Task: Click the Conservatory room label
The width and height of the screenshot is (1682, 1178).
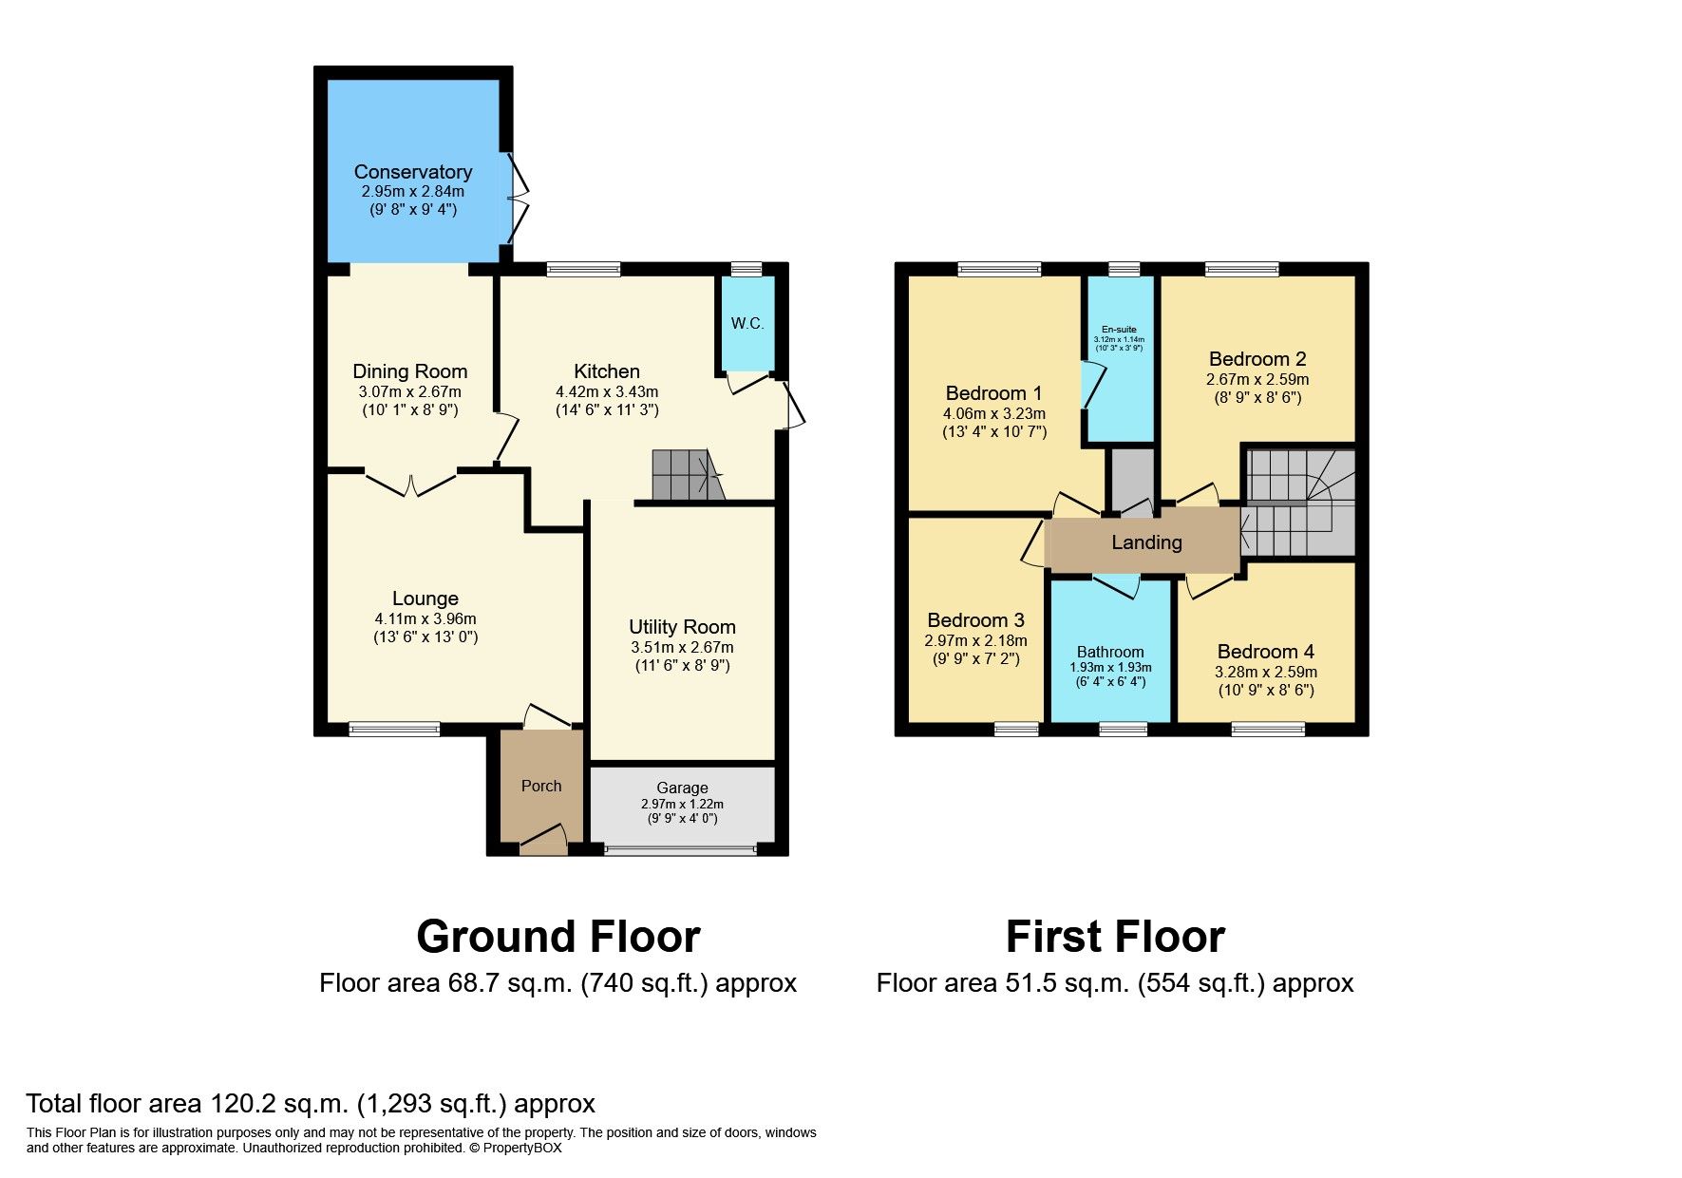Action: point(412,172)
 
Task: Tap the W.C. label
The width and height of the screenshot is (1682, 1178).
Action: point(747,323)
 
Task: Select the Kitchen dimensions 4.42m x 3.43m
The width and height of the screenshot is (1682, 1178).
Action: point(607,391)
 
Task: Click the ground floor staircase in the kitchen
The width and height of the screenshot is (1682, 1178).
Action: point(686,474)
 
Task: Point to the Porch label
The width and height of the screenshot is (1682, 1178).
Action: point(541,786)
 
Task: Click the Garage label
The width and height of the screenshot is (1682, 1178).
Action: point(682,788)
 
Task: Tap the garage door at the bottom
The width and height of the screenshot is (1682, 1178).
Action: point(681,849)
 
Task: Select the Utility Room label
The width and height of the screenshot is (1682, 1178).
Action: point(682,627)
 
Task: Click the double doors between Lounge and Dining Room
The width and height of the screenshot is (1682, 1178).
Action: point(411,484)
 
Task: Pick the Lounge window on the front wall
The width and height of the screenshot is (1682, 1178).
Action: point(394,730)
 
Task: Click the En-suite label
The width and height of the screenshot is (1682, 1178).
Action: point(1119,330)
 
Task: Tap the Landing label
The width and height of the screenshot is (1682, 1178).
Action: point(1146,542)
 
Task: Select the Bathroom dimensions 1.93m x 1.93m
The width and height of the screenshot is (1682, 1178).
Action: point(1110,668)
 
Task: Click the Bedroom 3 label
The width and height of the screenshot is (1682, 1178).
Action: point(975,620)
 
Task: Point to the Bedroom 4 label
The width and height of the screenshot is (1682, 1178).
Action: point(1265,652)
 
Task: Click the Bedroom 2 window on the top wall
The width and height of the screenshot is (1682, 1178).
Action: point(1242,270)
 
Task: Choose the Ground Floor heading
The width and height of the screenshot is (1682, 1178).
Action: point(558,937)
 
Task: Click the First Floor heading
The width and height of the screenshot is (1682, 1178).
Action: point(1115,937)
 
